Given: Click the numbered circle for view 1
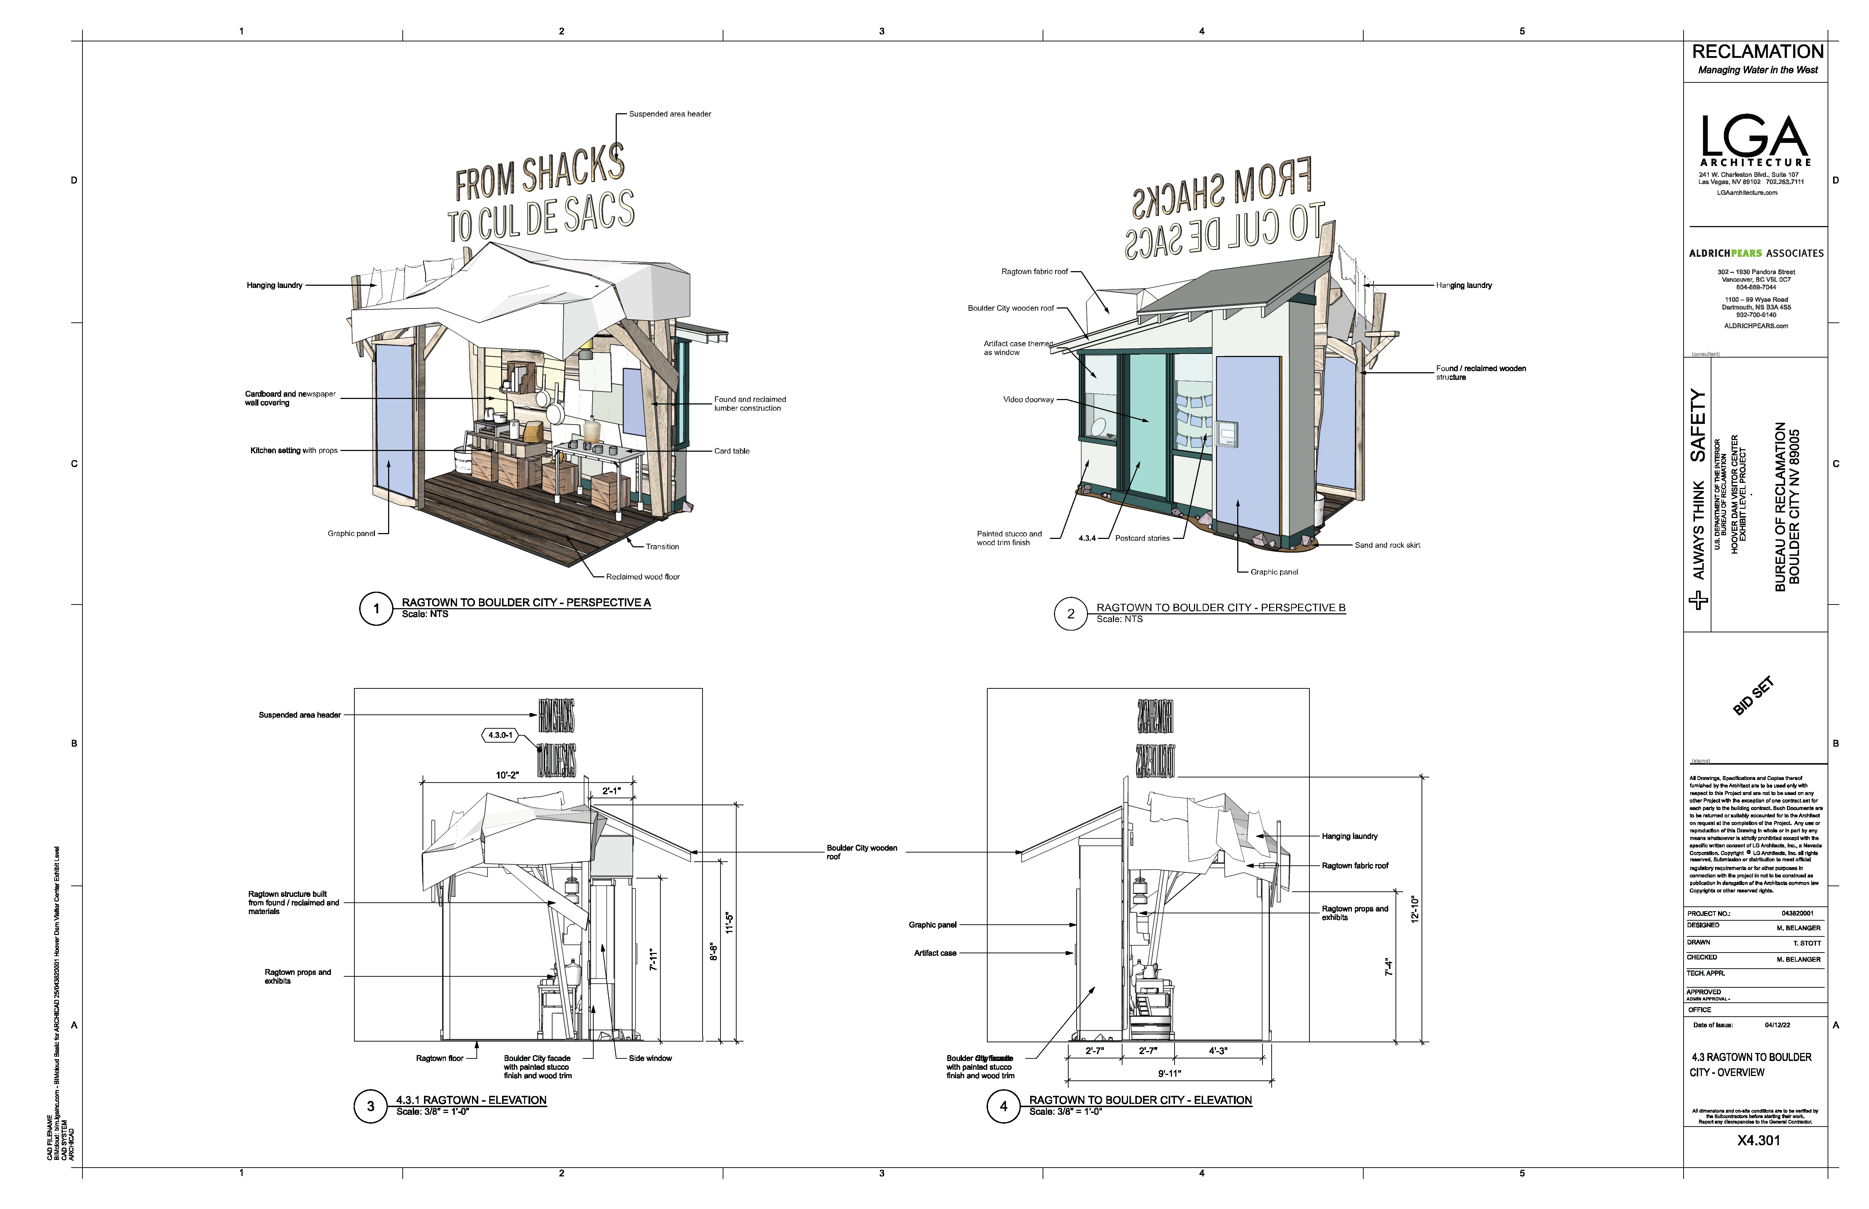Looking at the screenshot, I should (376, 609).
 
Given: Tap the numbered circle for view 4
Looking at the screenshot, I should (1003, 1106).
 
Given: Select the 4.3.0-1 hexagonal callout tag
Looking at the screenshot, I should (500, 736).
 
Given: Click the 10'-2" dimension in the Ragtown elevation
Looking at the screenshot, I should (507, 775).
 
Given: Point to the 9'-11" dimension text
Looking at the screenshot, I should (1169, 1073).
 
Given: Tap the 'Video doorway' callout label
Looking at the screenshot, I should (1028, 400).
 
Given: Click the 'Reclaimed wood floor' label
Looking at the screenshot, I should (642, 577).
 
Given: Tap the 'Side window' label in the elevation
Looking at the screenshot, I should (650, 1058).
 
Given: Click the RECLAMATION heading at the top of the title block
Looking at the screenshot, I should (1758, 52).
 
